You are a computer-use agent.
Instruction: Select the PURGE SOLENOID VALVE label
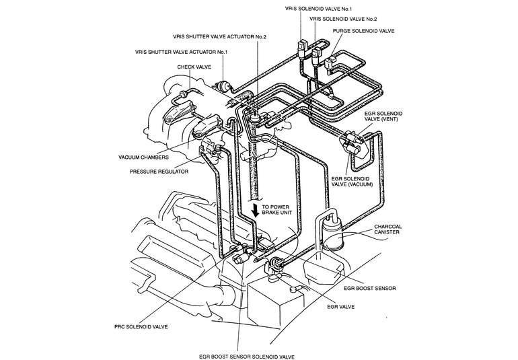363,31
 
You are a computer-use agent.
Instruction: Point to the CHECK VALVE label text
194,67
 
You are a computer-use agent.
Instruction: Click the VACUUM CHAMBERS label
143,157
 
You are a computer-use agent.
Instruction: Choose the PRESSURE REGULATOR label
159,172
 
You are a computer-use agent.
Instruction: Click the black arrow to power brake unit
255,210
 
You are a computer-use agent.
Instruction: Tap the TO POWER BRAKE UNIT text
277,210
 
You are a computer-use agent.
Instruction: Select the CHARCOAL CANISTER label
388,229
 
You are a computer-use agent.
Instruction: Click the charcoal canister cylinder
332,236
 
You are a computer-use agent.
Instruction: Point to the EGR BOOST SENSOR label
370,288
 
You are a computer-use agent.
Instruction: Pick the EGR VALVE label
340,307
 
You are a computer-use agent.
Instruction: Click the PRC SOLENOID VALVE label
141,327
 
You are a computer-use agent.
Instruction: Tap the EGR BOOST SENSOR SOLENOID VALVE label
247,357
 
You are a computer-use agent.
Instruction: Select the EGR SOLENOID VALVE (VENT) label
383,116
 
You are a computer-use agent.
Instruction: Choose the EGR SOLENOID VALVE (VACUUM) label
352,182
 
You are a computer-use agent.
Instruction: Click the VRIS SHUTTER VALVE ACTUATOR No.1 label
182,52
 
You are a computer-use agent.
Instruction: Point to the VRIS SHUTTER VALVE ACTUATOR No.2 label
219,37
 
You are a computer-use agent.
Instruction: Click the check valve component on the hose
183,94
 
